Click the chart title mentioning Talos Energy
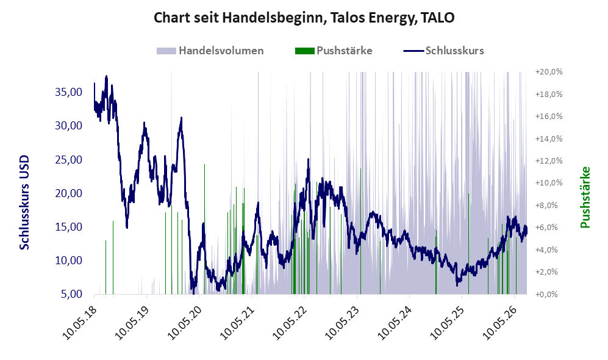tap(304, 18)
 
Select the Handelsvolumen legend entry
tap(210, 51)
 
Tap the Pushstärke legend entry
tap(334, 51)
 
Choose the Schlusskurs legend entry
tap(443, 51)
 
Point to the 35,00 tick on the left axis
tap(69, 92)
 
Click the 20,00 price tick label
tap(69, 193)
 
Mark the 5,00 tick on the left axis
tap(72, 293)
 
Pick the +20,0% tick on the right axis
tap(549, 72)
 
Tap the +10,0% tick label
tap(549, 182)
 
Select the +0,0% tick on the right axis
tap(546, 294)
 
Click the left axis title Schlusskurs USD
tap(24, 203)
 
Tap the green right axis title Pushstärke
tap(585, 198)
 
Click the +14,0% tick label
tap(549, 139)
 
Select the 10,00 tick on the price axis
tap(69, 261)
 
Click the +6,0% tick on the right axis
tap(546, 228)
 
